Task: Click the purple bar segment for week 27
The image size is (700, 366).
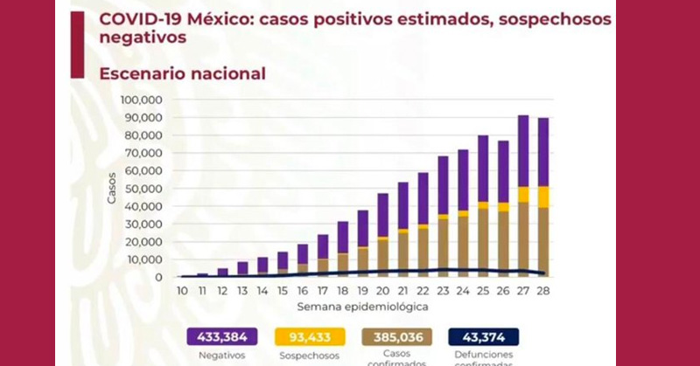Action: (x=522, y=150)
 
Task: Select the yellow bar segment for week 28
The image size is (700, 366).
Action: (x=542, y=197)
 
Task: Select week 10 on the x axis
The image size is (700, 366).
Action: (x=181, y=290)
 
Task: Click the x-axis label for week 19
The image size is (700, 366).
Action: (x=362, y=290)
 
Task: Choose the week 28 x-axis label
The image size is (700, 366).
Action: (x=542, y=290)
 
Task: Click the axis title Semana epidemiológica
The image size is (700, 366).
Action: (x=361, y=307)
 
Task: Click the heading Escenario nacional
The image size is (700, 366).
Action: (x=183, y=74)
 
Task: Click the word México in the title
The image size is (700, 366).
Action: (x=219, y=18)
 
